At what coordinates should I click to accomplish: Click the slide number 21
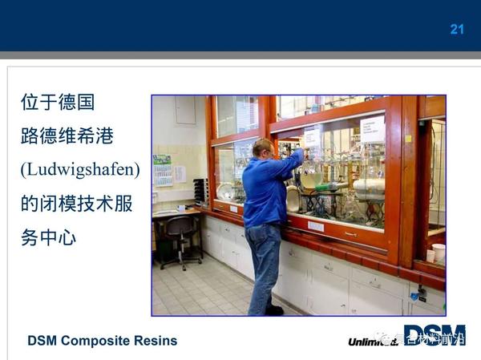tap(457, 30)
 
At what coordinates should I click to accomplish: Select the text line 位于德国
tap(58, 103)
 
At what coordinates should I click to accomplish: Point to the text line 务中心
tap(48, 238)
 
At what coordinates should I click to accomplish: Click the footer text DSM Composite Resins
tap(102, 341)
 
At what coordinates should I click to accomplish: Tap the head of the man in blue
tap(261, 148)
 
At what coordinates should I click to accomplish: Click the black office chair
tap(178, 238)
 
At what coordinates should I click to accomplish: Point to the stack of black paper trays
tap(200, 191)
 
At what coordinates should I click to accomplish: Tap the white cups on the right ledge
tap(435, 253)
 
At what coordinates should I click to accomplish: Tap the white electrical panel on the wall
tap(185, 110)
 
